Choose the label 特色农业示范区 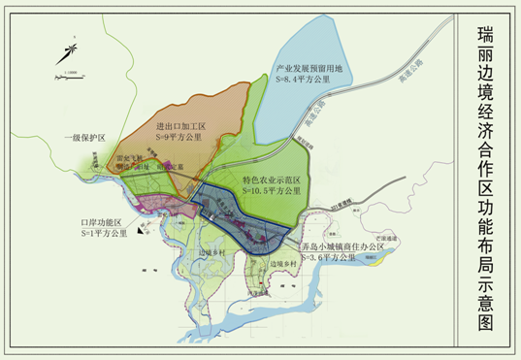(274, 180)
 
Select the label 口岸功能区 (102, 223)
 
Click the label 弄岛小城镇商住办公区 (345, 248)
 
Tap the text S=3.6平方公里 (335, 259)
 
